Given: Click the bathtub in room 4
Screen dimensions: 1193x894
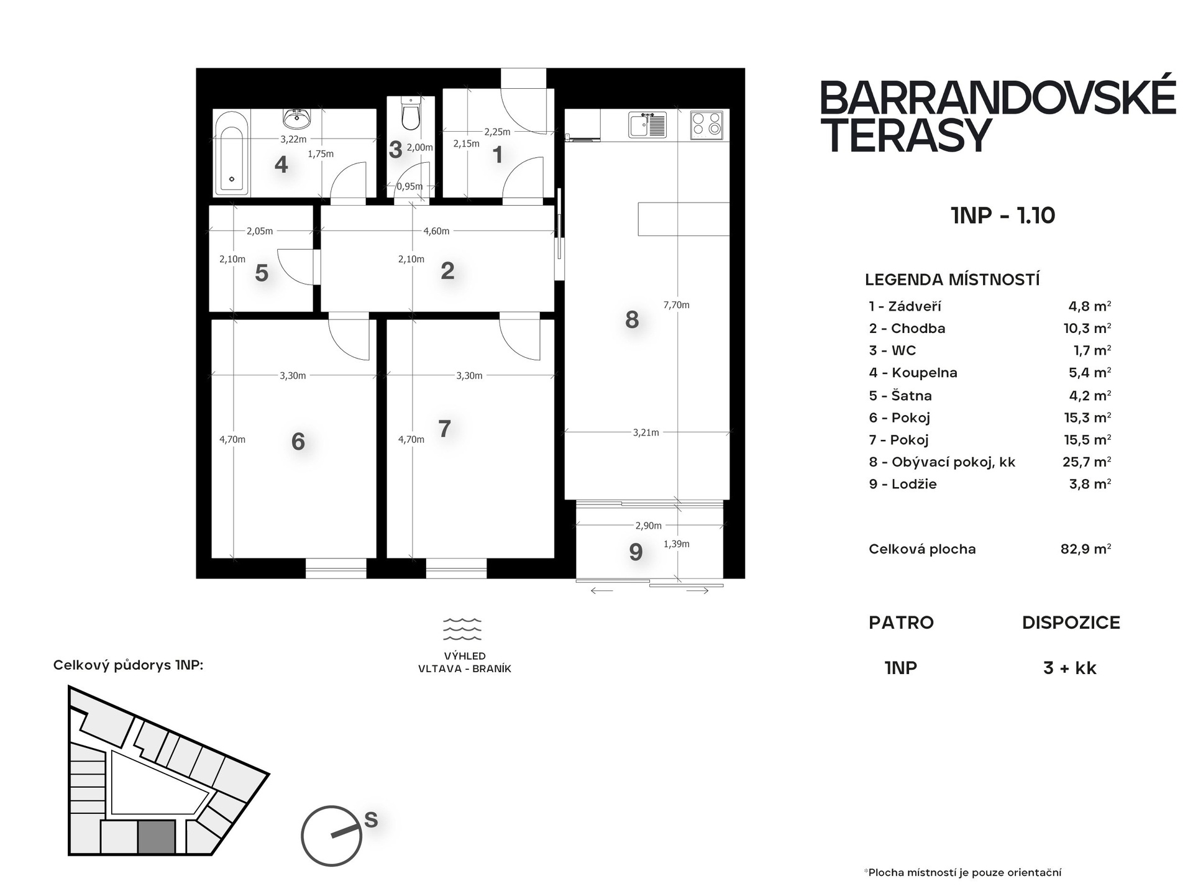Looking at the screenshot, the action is coord(232,152).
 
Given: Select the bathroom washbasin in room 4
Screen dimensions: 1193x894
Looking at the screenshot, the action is coord(297,117).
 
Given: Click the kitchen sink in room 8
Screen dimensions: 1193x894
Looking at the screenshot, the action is coord(647,124).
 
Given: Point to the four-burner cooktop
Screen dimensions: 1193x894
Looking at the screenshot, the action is coord(707,124).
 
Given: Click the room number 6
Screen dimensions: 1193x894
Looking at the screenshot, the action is coord(298,442).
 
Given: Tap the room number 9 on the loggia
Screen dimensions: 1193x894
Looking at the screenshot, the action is coord(636,552).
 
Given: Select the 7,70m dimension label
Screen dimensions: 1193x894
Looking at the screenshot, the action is coord(677,305).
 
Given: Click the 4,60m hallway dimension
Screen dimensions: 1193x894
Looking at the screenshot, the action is coord(436,231).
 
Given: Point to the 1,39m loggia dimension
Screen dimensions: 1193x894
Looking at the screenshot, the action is coord(677,544).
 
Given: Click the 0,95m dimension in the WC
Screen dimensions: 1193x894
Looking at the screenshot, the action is coord(410,186).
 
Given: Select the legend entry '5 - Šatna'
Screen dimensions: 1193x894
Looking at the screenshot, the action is coord(900,396).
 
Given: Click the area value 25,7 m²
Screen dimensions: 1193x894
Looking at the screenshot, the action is coord(1087,462).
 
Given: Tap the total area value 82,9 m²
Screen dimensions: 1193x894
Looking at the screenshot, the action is coord(1086,549).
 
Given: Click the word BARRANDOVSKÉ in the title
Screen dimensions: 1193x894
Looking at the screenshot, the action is coord(998,98).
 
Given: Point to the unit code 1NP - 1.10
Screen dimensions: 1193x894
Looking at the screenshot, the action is coord(1003,216).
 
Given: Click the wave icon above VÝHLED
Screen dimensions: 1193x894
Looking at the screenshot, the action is coord(462,629).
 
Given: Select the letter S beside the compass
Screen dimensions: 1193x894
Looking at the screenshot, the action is coord(371,820).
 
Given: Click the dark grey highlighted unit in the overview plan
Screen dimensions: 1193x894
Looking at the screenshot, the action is coord(156,837).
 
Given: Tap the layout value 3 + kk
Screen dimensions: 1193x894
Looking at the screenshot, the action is coord(1070,668).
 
